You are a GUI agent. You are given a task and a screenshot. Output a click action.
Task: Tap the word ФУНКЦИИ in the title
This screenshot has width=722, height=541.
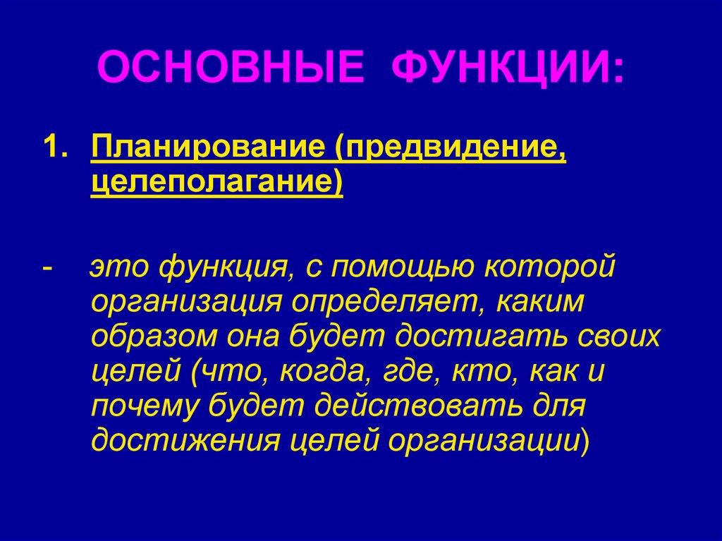pyautogui.click(x=507, y=70)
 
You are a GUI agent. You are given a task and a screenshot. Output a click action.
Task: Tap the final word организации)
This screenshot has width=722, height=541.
pyautogui.click(x=488, y=441)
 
